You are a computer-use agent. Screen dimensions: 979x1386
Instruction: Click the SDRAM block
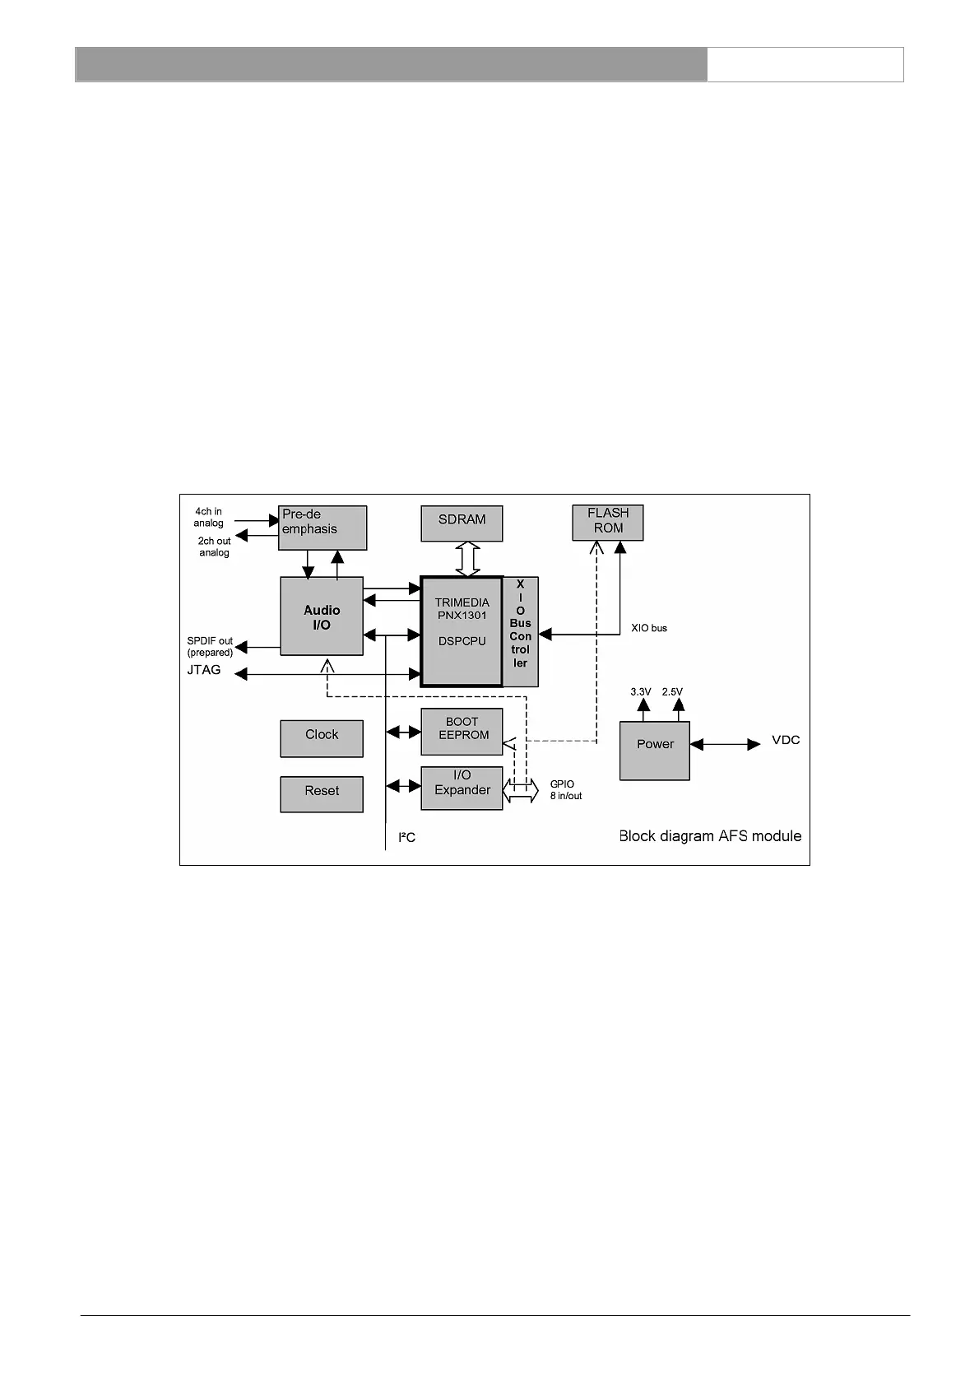coord(462,523)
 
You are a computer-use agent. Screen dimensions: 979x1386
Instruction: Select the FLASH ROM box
coord(607,523)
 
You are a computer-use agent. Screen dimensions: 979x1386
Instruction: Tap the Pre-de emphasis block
coord(322,528)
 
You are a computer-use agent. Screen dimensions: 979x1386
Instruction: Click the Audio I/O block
coord(322,616)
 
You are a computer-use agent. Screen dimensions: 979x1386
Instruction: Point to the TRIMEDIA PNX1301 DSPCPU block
coord(462,631)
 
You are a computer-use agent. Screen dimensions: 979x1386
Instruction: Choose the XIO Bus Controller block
coord(521,631)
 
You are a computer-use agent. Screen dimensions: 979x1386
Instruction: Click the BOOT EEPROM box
coord(462,731)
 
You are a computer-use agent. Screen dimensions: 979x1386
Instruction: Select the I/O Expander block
coord(462,788)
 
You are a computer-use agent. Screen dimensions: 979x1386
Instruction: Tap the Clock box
coord(322,738)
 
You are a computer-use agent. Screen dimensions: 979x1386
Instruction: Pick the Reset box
coord(322,794)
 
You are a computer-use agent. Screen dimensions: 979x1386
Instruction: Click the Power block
coord(655,750)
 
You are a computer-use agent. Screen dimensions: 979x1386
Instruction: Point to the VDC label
coord(786,740)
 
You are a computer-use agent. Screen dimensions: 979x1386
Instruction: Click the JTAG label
coord(204,670)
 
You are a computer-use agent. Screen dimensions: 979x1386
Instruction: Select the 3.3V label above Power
coord(641,692)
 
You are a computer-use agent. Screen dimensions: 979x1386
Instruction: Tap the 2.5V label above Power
coord(672,692)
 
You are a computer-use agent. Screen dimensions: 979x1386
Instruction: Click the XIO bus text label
coord(649,628)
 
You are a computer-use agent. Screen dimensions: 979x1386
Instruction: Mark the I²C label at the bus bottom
coord(406,838)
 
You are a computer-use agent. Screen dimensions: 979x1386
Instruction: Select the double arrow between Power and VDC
coord(725,744)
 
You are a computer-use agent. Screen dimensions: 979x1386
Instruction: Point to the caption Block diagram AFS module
coord(710,836)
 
